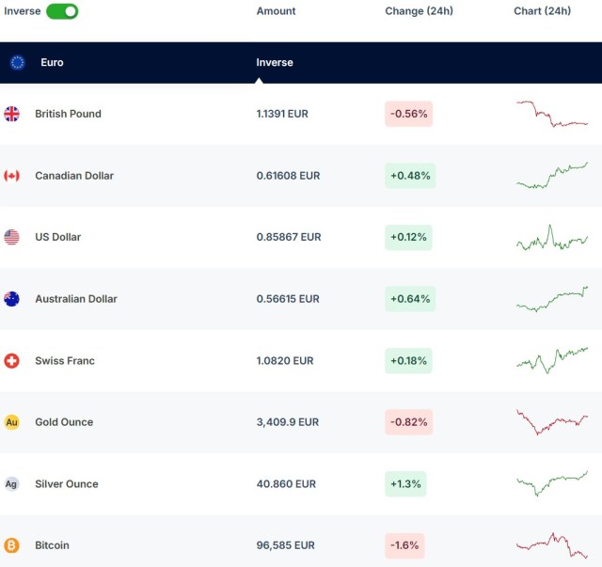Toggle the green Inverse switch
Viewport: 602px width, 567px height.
point(62,11)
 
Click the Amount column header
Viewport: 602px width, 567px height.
point(276,11)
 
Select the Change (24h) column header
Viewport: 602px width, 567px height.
point(419,11)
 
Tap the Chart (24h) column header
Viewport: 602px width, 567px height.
point(542,11)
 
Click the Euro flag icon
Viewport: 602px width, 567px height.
point(17,63)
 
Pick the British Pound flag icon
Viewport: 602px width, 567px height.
point(11,114)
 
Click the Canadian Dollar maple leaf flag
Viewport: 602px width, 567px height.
point(11,176)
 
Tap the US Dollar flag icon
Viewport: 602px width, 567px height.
point(11,237)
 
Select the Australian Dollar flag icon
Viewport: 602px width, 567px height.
point(11,299)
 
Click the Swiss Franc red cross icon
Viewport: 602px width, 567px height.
point(11,361)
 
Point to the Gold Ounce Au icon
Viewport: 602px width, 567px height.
point(11,422)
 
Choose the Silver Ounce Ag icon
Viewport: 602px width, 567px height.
point(11,484)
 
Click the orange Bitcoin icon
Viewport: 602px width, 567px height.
point(11,545)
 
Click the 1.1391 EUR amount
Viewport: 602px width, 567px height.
point(282,114)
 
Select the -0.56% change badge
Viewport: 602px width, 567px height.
point(409,114)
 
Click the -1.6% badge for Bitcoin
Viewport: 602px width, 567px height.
point(405,545)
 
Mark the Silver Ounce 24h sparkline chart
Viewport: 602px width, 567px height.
point(552,483)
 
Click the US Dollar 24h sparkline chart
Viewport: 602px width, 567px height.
point(552,238)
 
